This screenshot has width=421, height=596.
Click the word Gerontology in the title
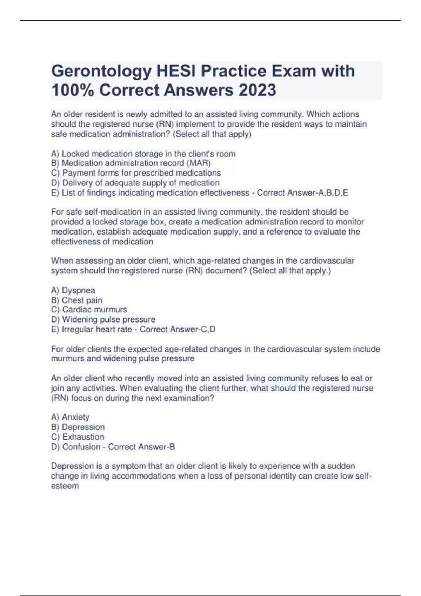(101, 71)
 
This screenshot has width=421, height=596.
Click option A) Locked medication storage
(143, 154)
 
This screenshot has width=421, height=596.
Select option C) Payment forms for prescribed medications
(136, 173)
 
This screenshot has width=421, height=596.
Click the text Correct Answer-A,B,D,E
(302, 193)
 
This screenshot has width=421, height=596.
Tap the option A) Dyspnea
(73, 290)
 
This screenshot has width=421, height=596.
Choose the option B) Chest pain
(76, 300)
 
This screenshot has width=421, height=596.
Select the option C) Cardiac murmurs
(89, 310)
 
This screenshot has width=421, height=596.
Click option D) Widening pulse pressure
(103, 319)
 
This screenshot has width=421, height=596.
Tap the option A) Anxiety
(70, 417)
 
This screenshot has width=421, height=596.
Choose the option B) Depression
(78, 427)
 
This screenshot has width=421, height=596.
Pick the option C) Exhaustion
(78, 437)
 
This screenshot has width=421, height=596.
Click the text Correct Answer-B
(141, 447)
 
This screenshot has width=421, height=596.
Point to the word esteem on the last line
(65, 486)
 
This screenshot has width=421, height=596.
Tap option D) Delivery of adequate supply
(135, 183)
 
